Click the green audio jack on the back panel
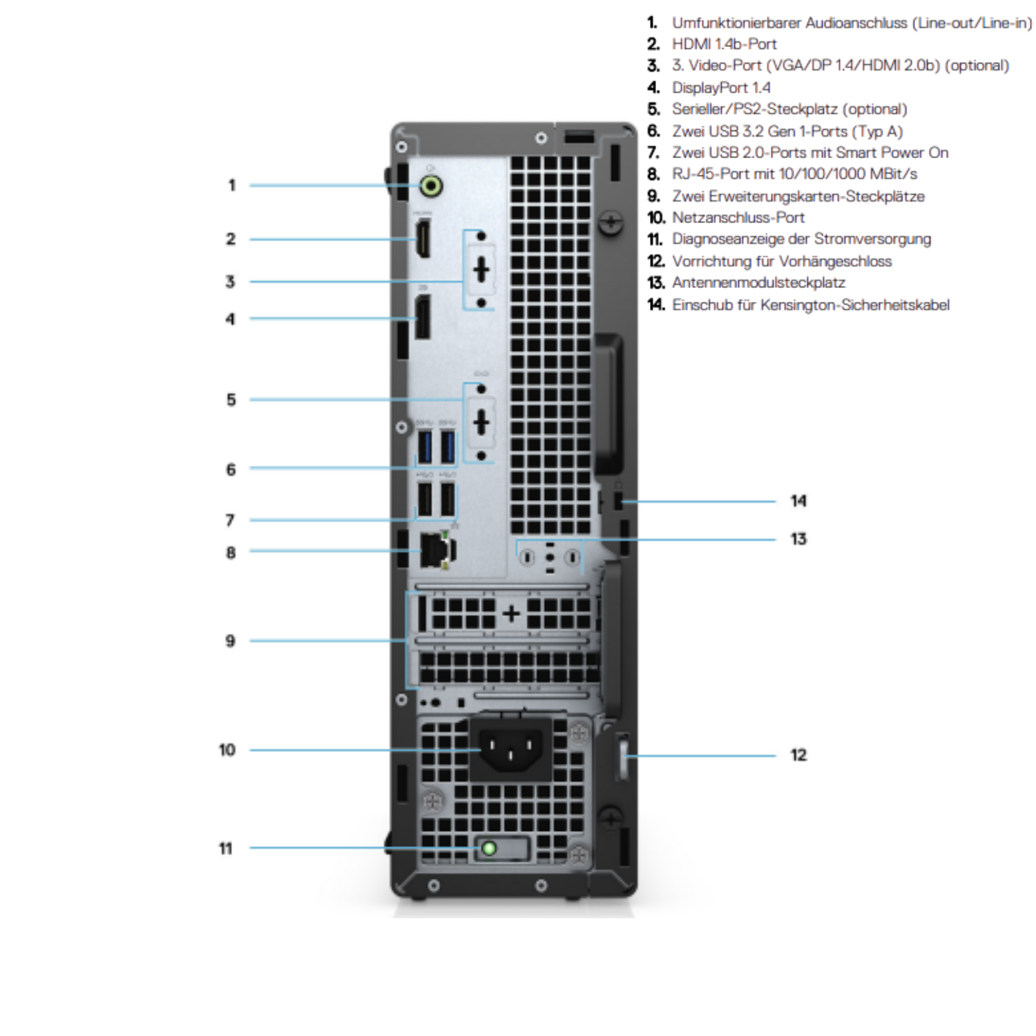(432, 186)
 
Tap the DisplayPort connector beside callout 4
(422, 318)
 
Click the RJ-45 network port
(436, 551)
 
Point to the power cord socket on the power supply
(510, 749)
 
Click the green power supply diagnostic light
(489, 847)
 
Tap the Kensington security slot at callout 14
(617, 501)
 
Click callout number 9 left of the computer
(230, 641)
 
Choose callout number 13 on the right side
(798, 539)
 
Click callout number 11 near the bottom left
(226, 848)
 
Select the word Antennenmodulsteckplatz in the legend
(758, 282)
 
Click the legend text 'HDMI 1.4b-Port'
(724, 44)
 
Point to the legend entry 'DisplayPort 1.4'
(721, 88)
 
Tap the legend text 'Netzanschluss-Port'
(738, 218)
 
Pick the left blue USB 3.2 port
(425, 446)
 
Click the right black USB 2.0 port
(448, 499)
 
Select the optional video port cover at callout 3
(481, 270)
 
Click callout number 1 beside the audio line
(232, 185)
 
